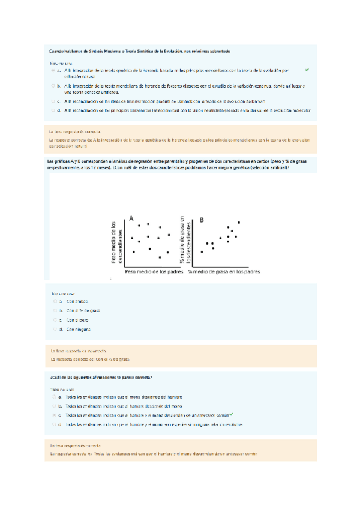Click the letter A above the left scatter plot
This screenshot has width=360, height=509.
[x=131, y=219]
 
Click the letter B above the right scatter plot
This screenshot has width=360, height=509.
[x=202, y=220]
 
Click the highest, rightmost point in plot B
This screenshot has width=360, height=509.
[x=239, y=223]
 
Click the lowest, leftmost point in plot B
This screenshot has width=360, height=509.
[x=202, y=252]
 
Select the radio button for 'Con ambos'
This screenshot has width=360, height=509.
[x=54, y=301]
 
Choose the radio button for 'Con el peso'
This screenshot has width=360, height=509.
[x=54, y=320]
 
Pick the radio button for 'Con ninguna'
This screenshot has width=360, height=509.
[x=54, y=330]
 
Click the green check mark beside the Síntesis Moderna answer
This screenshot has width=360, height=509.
[x=307, y=70]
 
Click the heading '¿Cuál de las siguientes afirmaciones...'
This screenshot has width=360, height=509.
[x=101, y=378]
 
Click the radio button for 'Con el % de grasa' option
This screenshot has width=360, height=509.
[x=54, y=311]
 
